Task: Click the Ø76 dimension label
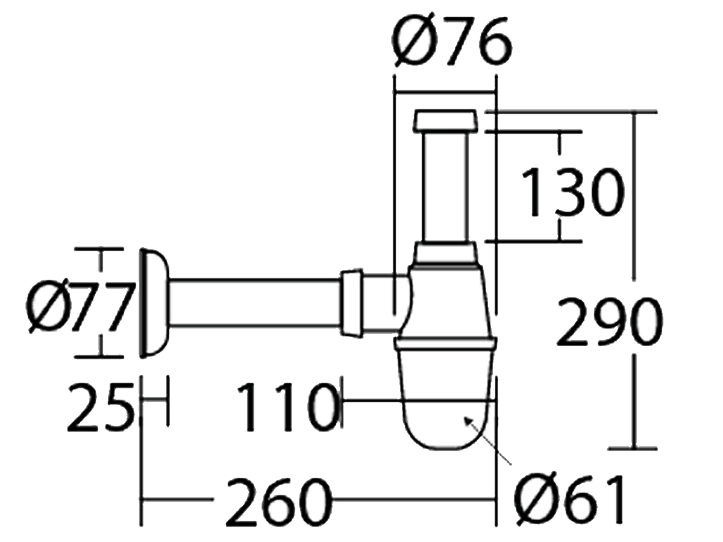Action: tap(452, 42)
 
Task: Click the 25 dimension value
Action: tap(99, 408)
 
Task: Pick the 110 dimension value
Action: tap(286, 408)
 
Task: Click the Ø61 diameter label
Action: tap(569, 500)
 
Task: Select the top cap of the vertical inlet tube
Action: tap(446, 121)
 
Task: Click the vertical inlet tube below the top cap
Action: tap(446, 187)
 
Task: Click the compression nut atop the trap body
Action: tap(446, 252)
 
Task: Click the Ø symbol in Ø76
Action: tap(415, 42)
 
